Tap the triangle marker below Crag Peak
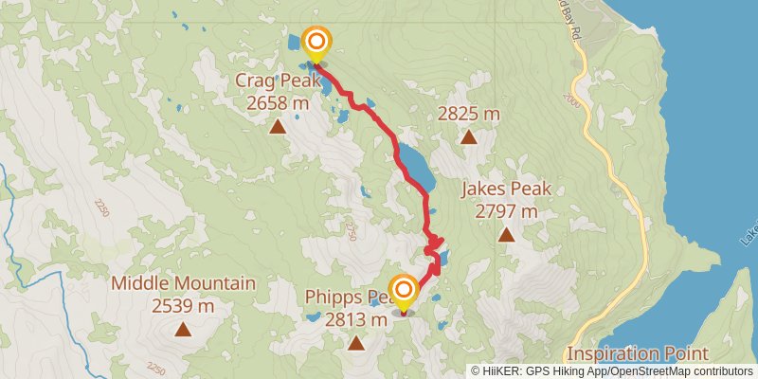278,127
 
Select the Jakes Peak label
505,189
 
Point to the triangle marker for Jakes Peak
506,234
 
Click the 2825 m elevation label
468,115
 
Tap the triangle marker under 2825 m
468,137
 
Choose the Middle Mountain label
183,283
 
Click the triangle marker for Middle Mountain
182,330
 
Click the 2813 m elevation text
356,320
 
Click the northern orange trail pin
316,43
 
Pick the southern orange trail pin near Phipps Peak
405,291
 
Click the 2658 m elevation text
278,103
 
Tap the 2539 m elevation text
183,305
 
